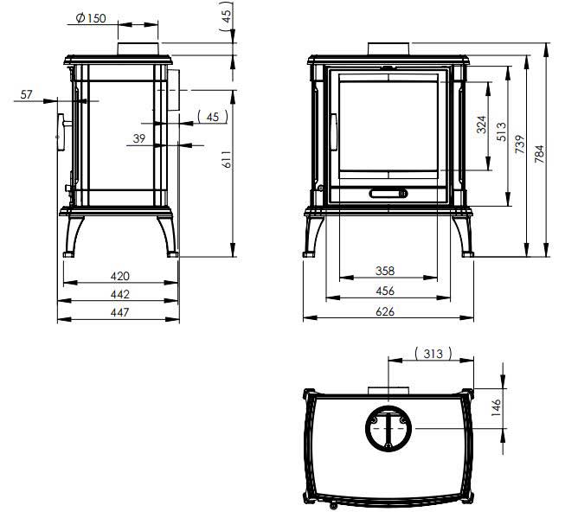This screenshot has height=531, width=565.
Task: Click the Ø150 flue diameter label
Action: click(x=91, y=18)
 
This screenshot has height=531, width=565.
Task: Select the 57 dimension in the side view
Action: click(x=26, y=94)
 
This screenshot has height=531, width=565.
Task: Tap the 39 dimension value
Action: click(x=139, y=138)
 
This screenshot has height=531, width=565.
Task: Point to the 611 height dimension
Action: click(x=227, y=159)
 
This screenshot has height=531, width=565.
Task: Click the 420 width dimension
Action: click(x=120, y=276)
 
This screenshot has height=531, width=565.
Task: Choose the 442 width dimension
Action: click(x=120, y=294)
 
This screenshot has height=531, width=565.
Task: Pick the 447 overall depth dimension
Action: click(x=120, y=312)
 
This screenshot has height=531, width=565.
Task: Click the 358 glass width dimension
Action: click(x=385, y=271)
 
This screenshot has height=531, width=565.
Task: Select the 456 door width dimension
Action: click(x=385, y=291)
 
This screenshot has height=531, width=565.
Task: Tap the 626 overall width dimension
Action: click(x=385, y=311)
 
